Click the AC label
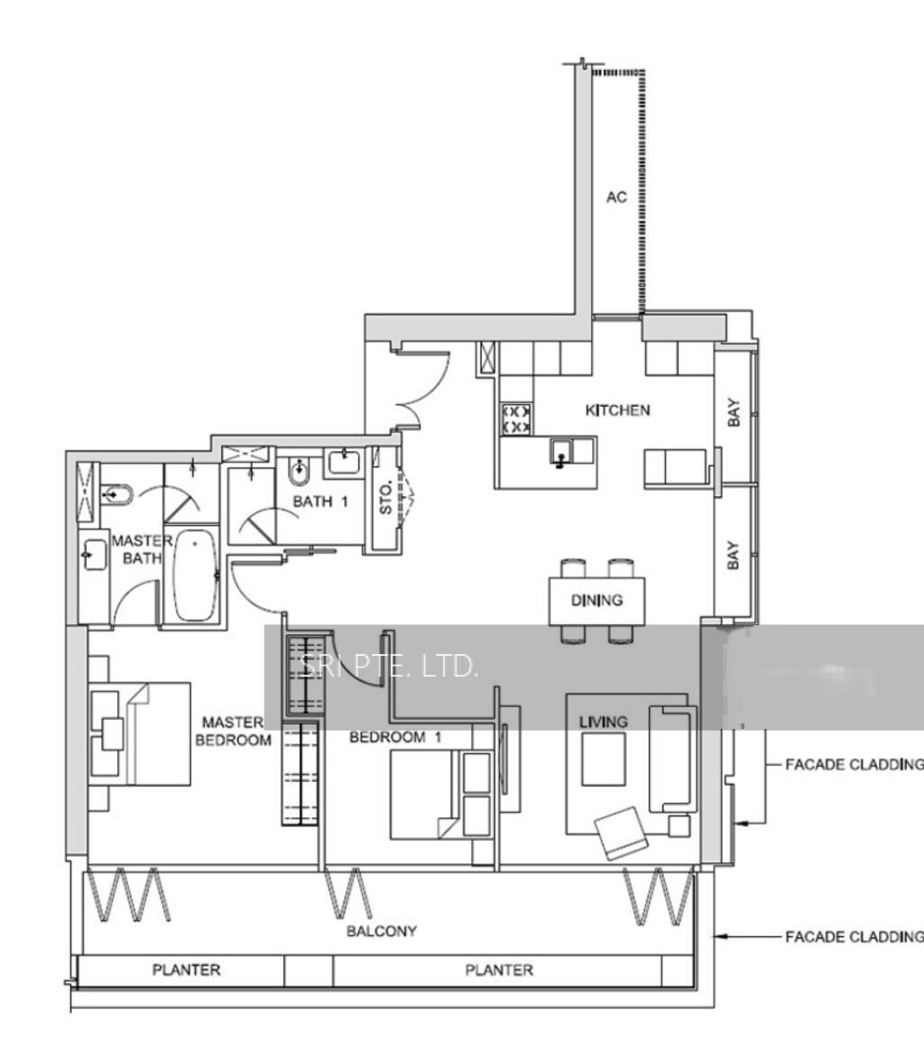616,198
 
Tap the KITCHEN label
617,410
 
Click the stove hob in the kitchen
515,419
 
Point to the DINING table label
596,600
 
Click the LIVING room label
603,722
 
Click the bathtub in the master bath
194,575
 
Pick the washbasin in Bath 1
344,462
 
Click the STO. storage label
386,496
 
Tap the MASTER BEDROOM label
236,732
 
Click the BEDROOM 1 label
395,737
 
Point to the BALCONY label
382,930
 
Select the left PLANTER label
186,971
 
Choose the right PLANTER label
499,971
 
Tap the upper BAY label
734,413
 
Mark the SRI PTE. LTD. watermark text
387,667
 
